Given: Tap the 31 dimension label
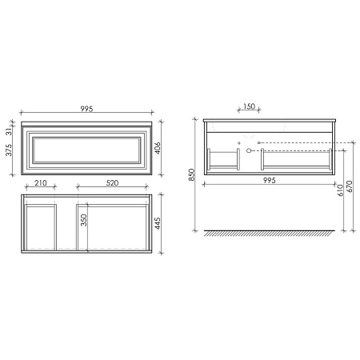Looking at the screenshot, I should (x=9, y=131).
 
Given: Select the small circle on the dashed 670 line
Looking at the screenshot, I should (x=258, y=143).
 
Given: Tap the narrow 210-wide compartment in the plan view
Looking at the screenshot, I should (x=40, y=226).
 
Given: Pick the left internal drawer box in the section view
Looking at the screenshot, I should (x=224, y=158).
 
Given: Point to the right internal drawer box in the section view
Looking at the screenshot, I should (x=296, y=158).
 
